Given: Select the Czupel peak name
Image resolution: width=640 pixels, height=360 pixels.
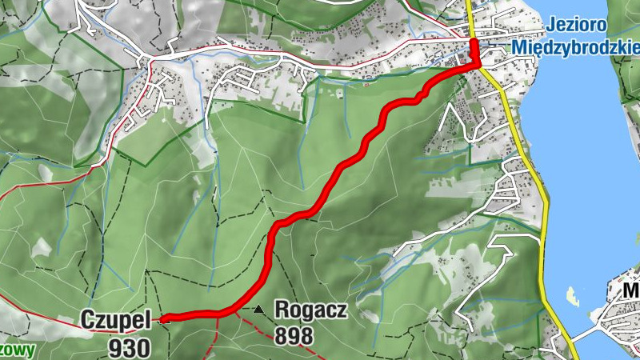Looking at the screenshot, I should (x=115, y=320).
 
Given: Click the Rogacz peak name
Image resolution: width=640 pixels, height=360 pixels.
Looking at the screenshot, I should (x=310, y=310).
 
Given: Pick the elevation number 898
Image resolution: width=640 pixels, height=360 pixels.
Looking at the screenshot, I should (x=294, y=336).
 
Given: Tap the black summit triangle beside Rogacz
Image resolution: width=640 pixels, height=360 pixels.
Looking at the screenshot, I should (x=258, y=309).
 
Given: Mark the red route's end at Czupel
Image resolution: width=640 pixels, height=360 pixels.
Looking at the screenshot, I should (x=162, y=318).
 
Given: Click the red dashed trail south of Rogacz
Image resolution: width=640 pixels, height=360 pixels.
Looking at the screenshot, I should (x=272, y=337).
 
